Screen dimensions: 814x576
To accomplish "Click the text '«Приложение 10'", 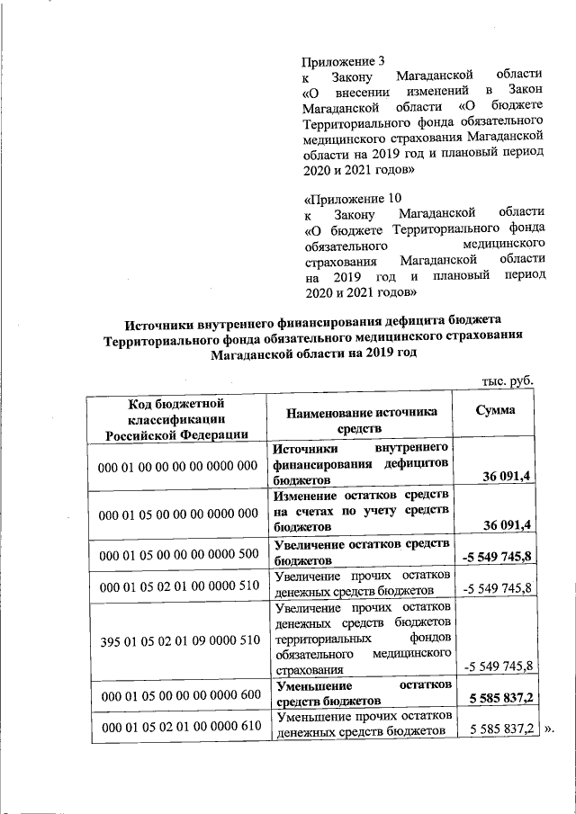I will point(353,198).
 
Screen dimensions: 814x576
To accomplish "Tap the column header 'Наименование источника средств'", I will point(361,419).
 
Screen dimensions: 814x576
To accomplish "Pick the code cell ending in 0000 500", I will point(179,557).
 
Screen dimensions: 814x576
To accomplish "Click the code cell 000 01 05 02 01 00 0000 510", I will point(179,587).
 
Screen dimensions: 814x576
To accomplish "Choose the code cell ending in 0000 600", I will point(179,696).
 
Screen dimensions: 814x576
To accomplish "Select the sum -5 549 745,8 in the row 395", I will point(498,666).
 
